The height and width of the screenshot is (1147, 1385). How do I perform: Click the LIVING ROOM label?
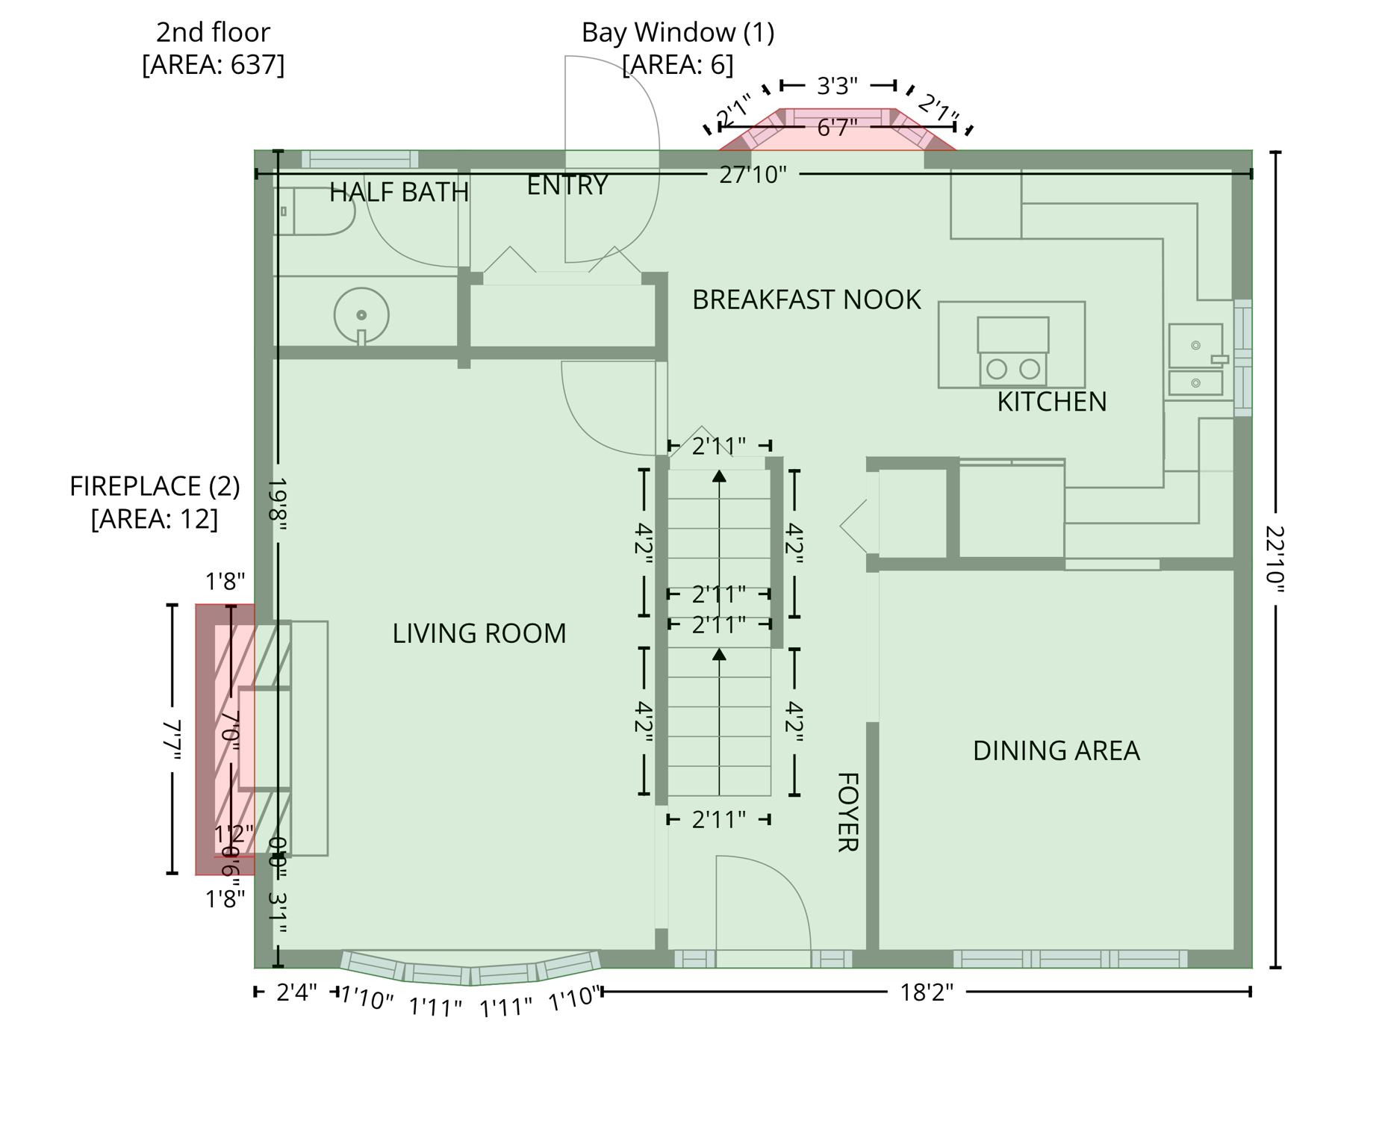pos(479,633)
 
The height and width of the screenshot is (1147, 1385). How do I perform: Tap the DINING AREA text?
pos(1056,750)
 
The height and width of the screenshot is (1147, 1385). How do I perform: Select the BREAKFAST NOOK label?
pos(806,299)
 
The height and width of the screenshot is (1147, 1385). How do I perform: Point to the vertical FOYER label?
pos(847,812)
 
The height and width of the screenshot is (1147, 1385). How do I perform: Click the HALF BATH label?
pos(399,192)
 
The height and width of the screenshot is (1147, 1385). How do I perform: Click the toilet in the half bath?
pos(314,211)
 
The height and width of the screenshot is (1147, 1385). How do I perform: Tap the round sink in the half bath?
pos(361,315)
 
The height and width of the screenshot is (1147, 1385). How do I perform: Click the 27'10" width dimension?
pos(753,175)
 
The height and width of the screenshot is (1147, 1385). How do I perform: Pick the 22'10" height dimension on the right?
pos(1275,559)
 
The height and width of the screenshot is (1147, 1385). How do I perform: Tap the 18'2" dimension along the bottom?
pos(926,992)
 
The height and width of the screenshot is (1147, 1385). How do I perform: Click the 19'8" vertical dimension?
pos(278,504)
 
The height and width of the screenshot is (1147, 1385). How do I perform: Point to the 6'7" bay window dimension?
pos(836,128)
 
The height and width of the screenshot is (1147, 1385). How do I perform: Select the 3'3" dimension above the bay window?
pos(837,86)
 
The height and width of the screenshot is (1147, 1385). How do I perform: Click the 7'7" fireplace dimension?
pos(172,739)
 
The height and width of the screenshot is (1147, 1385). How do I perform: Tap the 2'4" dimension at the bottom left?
pos(296,992)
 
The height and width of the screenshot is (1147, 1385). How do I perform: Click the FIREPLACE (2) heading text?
pos(155,486)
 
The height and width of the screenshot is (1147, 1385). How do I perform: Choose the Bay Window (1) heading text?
pos(677,32)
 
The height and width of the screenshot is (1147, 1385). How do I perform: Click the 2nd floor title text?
pos(213,32)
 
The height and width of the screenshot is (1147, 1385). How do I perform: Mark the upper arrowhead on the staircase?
pos(719,476)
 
